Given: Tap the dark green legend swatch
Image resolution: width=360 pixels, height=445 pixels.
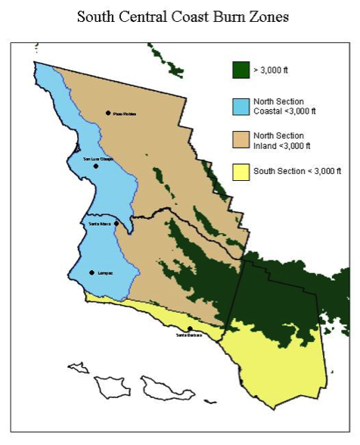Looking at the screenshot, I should tap(241, 70).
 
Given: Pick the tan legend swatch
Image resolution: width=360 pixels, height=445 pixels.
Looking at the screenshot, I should tap(241, 140).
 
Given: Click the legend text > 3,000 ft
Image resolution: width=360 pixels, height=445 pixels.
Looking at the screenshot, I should tap(272, 70).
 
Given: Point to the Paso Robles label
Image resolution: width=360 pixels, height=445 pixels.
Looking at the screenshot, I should tap(124, 114).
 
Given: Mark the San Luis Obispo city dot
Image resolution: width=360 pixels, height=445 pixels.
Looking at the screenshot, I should tap(96, 166).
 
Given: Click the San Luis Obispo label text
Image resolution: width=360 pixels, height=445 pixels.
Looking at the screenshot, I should tap(98, 159).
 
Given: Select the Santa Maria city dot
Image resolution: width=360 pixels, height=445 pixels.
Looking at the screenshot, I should tap(116, 224).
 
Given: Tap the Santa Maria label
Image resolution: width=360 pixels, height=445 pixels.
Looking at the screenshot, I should tap(101, 224).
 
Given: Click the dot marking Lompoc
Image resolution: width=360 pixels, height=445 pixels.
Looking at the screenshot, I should tap(92, 272).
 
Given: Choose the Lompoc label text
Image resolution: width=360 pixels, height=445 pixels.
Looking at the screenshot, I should tap(104, 272).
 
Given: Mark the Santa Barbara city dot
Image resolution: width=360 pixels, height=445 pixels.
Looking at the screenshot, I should tap(189, 328).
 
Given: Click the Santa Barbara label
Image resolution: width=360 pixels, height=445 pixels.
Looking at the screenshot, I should tap(189, 335).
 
